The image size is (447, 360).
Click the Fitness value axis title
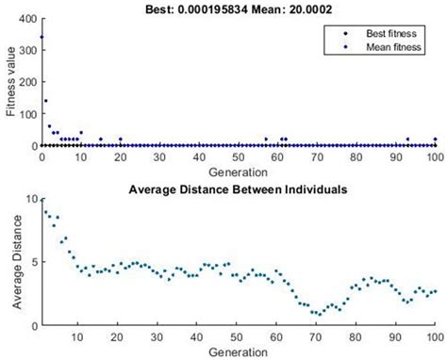(10, 83)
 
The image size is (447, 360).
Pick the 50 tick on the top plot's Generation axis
(239, 158)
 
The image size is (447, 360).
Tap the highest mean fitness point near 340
(41, 38)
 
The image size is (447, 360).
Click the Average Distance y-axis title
(10, 261)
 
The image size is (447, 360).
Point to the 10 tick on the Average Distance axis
(31, 200)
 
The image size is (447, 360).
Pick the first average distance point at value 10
(41, 200)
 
